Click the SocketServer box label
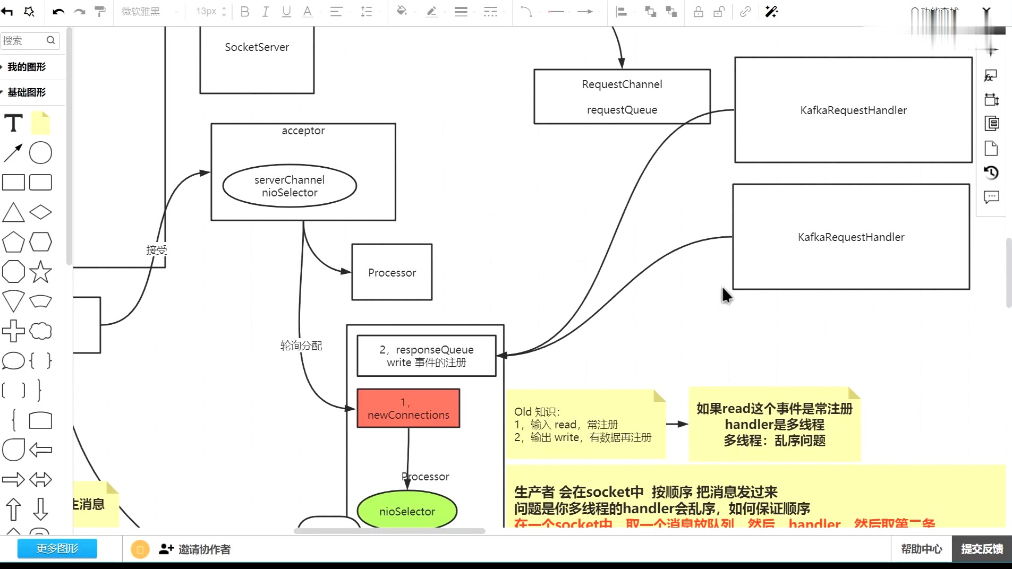point(257,47)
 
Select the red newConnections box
point(408,408)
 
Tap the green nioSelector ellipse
point(407,511)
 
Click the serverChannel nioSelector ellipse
point(290,186)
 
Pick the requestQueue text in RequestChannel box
point(622,110)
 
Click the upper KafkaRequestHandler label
point(853,110)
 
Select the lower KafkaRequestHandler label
point(851,237)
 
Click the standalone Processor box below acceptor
point(392,272)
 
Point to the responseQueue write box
point(426,356)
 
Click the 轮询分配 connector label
point(301,346)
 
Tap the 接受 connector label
point(156,250)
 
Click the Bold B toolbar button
point(245,12)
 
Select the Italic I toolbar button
point(266,12)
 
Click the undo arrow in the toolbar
point(58,12)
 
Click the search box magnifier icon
point(51,40)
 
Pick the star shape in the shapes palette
point(40,272)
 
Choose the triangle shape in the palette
point(13,212)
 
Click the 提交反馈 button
point(982,549)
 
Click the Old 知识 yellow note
point(584,425)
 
